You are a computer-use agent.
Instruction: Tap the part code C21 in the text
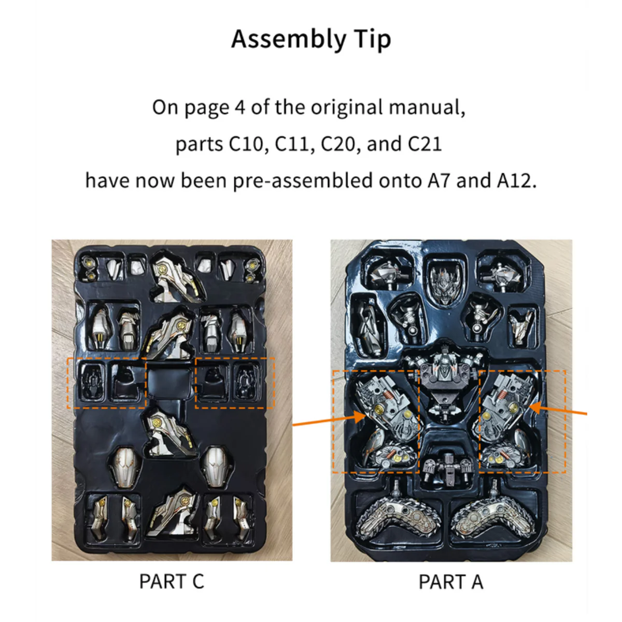(425, 144)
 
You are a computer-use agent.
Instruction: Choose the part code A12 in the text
(516, 181)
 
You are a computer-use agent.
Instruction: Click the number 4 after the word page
(240, 107)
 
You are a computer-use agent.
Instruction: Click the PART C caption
(172, 582)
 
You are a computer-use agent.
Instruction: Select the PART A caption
(451, 582)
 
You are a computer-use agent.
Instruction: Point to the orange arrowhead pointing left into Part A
(536, 407)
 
